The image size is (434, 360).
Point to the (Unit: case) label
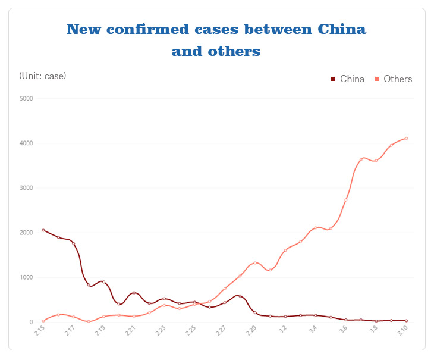click(x=43, y=76)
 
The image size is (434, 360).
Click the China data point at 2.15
click(x=43, y=230)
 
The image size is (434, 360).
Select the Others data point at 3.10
click(x=406, y=138)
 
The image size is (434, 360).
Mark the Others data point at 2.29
click(x=255, y=263)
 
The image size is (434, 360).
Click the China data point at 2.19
click(x=104, y=282)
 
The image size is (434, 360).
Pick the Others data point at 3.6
click(x=346, y=199)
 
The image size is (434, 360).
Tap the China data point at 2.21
click(x=134, y=293)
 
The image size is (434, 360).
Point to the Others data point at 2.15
click(x=43, y=321)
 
